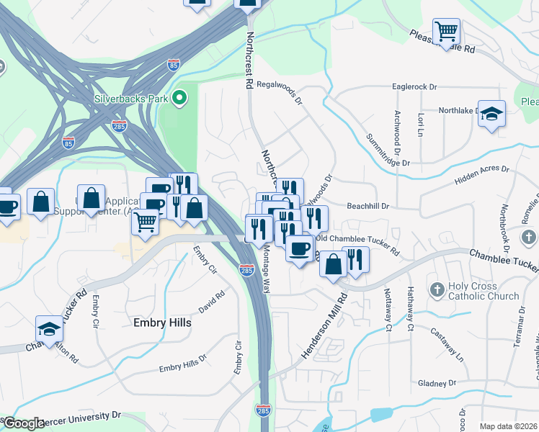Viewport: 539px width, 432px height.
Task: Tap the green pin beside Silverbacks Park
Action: click(x=182, y=97)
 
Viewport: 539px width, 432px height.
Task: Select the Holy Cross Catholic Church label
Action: click(x=484, y=291)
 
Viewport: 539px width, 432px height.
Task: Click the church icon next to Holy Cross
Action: click(x=437, y=290)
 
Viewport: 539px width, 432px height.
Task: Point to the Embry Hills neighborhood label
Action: click(x=162, y=323)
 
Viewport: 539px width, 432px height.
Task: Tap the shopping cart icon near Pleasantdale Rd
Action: click(x=447, y=32)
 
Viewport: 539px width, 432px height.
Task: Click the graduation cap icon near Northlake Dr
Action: click(x=491, y=114)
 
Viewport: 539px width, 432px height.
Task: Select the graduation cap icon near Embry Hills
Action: click(x=49, y=329)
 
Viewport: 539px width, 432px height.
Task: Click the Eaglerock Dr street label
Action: click(x=414, y=86)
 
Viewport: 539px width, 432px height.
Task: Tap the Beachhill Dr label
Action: click(x=367, y=206)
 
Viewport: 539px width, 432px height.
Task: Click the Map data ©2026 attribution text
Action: click(x=507, y=426)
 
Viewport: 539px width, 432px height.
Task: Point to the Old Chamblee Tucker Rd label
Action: click(x=356, y=245)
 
